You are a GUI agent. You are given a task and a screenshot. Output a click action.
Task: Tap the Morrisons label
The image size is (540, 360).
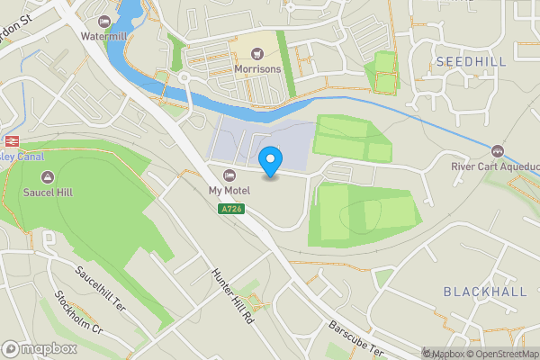point(257,68)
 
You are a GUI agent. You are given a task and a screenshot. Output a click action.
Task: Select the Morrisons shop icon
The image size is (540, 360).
point(257,54)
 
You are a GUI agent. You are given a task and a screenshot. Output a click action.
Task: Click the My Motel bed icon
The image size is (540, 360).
point(228,175)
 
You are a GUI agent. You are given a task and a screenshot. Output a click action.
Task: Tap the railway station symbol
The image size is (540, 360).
point(13,140)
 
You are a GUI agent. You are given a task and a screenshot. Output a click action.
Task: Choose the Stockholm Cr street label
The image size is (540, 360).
point(79,312)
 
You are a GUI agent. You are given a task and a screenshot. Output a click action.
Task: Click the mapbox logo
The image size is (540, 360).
point(39,348)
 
